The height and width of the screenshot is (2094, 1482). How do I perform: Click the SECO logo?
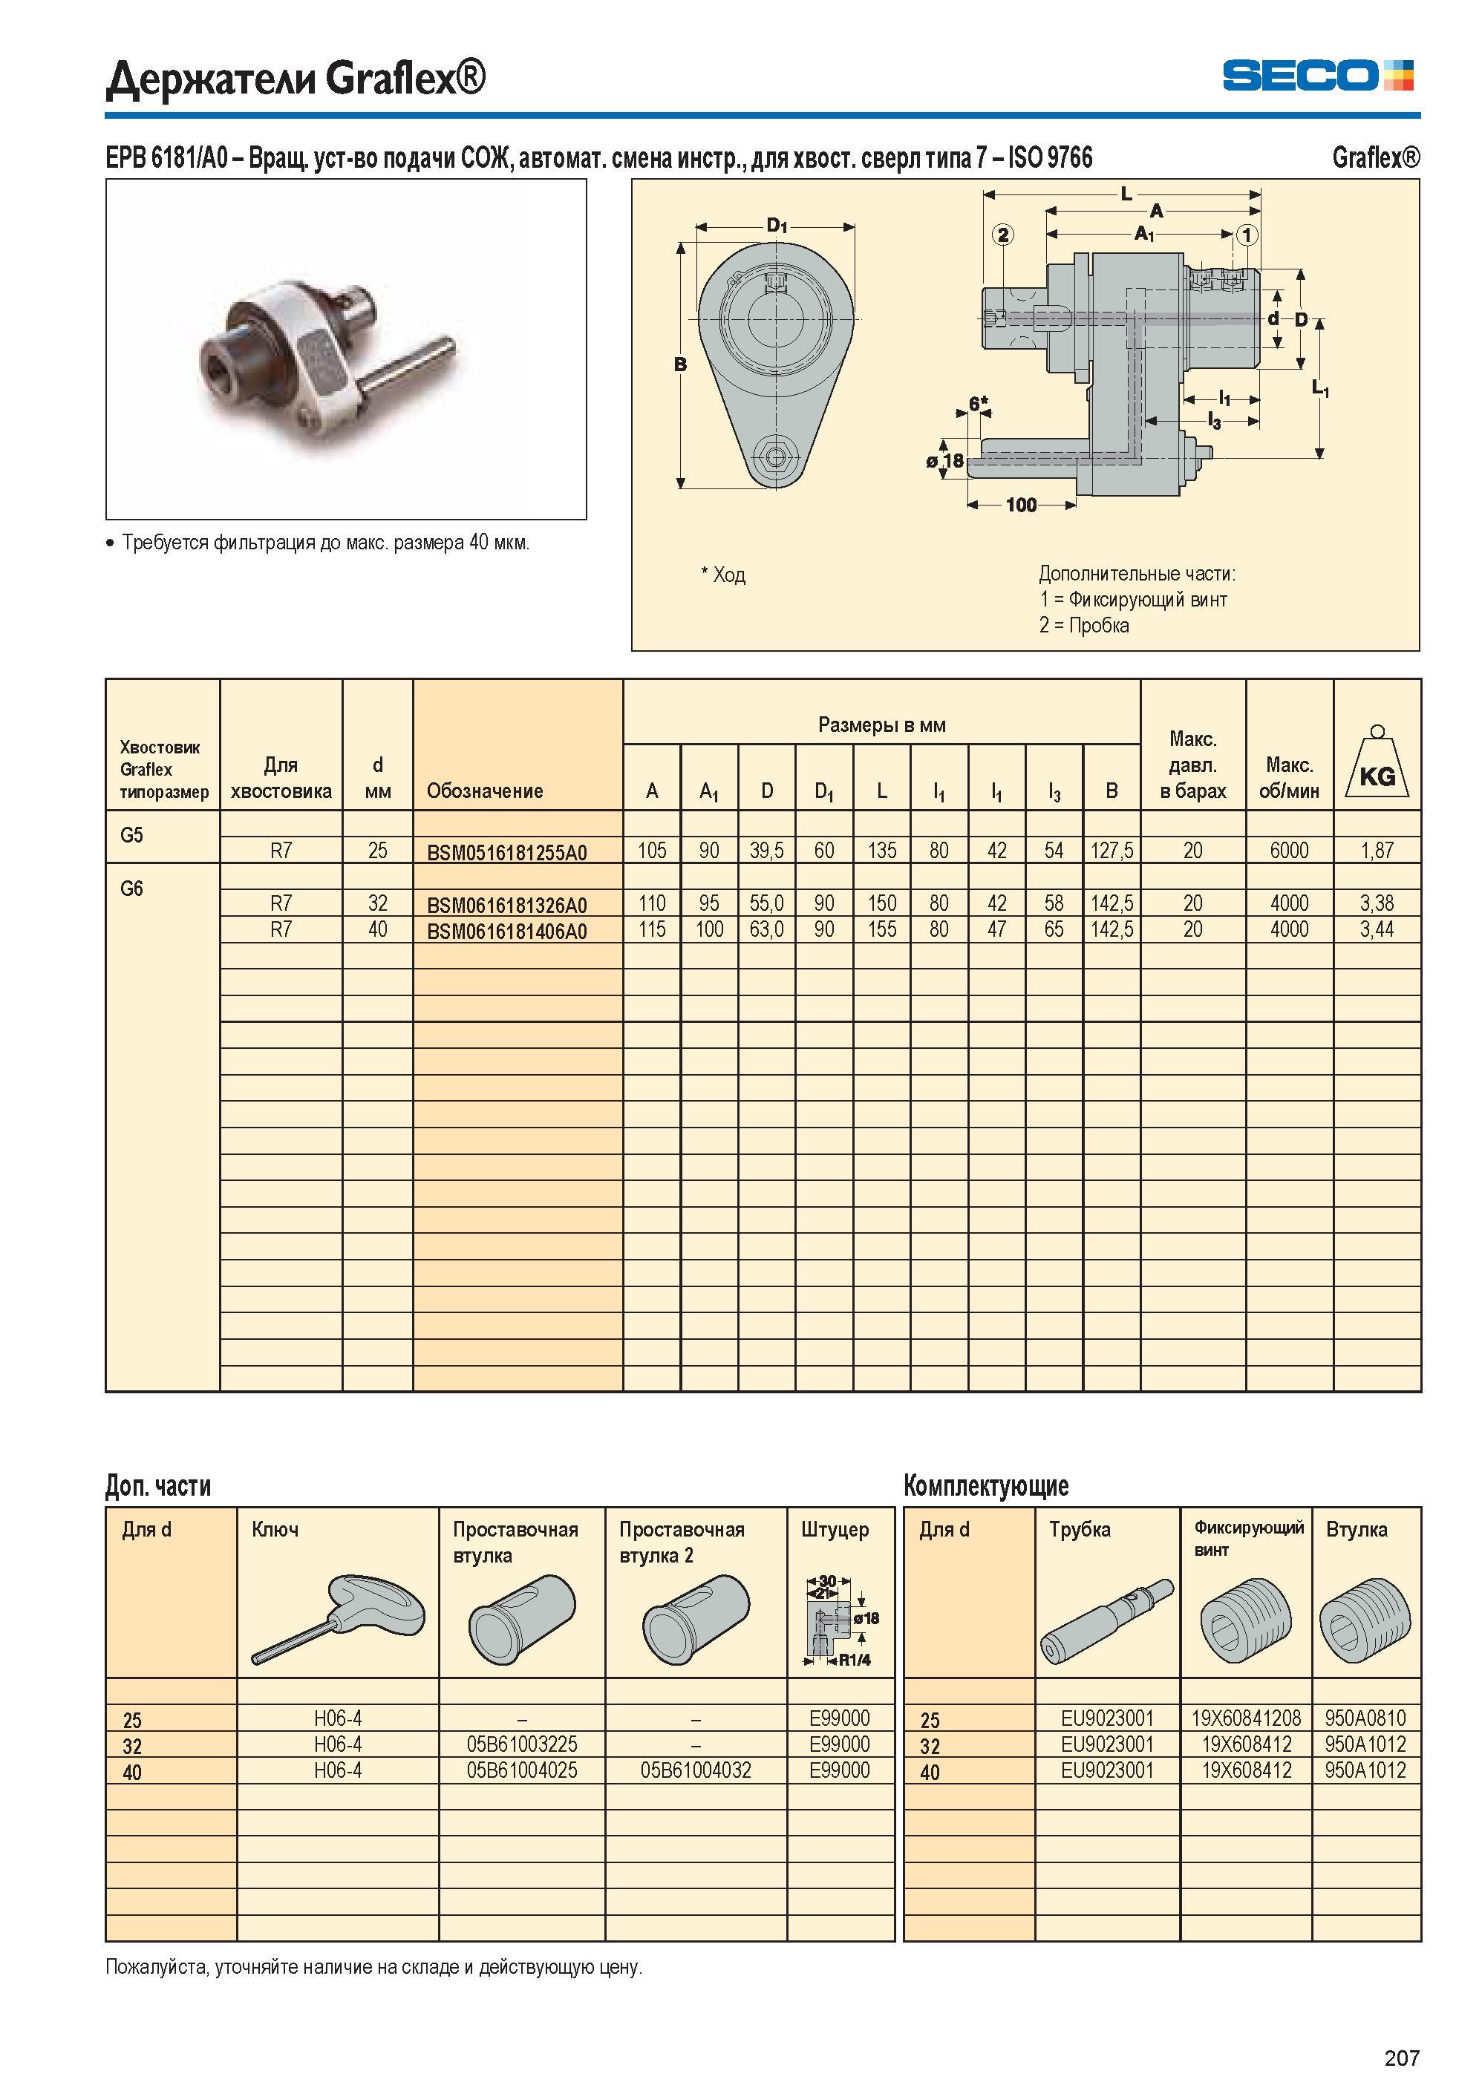point(1318,75)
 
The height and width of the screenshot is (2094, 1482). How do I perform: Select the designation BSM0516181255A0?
point(506,852)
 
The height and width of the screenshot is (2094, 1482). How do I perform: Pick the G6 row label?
point(131,889)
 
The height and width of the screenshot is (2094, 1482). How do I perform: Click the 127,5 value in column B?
point(1112,851)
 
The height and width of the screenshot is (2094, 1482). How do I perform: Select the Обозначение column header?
point(485,791)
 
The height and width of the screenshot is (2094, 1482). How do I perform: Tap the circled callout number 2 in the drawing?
point(1003,235)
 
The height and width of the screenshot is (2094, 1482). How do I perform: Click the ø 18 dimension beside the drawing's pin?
point(945,461)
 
